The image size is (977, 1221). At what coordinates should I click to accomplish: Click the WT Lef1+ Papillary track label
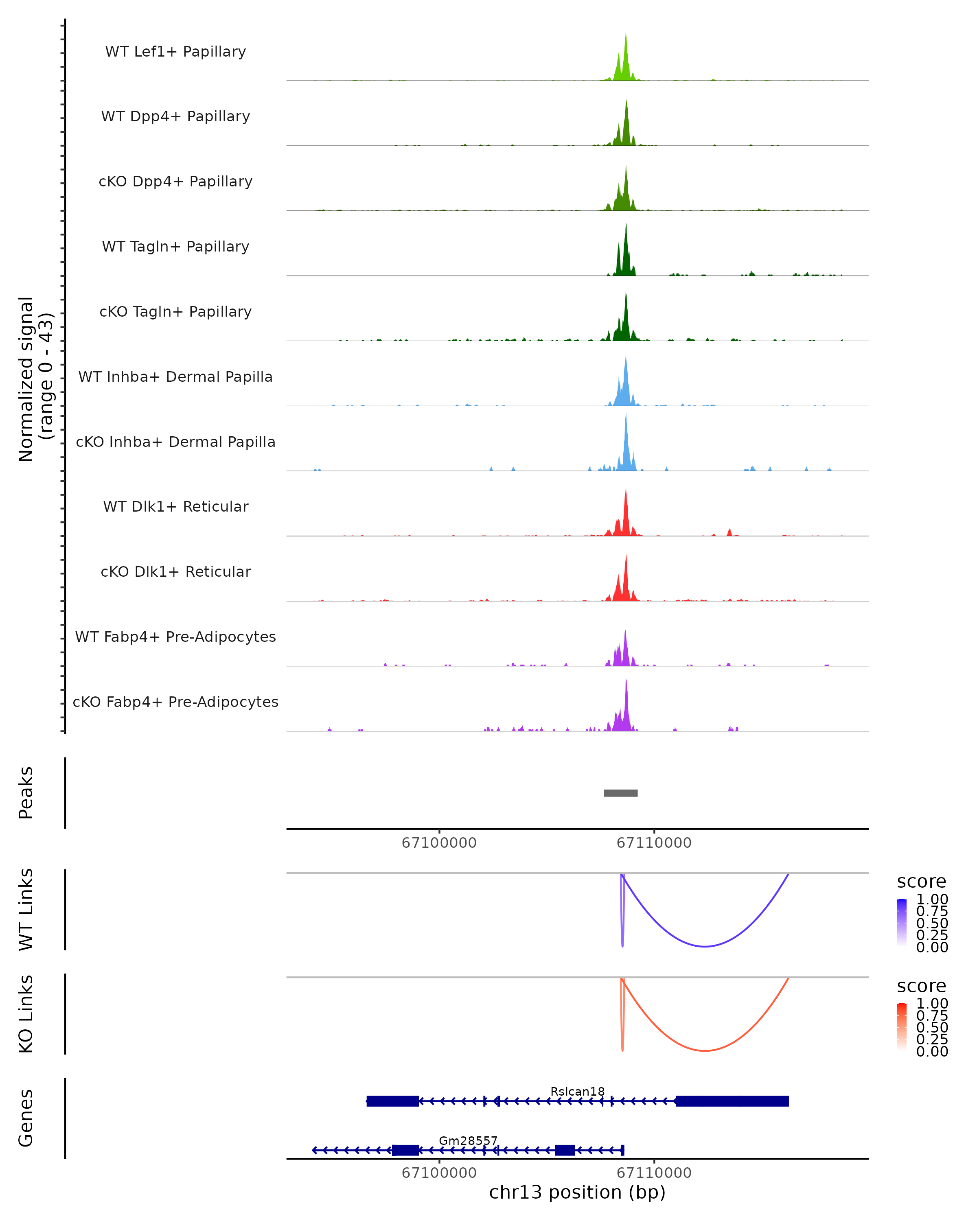[x=175, y=52]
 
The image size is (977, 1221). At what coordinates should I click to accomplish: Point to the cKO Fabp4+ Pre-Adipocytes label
[x=175, y=702]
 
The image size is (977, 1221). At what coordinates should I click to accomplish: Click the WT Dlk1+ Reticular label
[x=175, y=506]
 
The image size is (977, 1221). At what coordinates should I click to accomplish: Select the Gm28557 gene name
[x=468, y=1140]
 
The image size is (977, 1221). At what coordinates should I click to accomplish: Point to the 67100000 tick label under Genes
[x=439, y=1173]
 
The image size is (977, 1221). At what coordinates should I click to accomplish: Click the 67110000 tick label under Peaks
[x=654, y=843]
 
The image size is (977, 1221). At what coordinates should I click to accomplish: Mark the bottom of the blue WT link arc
[x=705, y=946]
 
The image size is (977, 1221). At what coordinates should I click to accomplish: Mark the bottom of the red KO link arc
[x=705, y=1050]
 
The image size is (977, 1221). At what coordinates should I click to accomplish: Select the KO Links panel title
[x=26, y=1014]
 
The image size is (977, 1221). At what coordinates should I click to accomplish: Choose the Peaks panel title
[x=26, y=793]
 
